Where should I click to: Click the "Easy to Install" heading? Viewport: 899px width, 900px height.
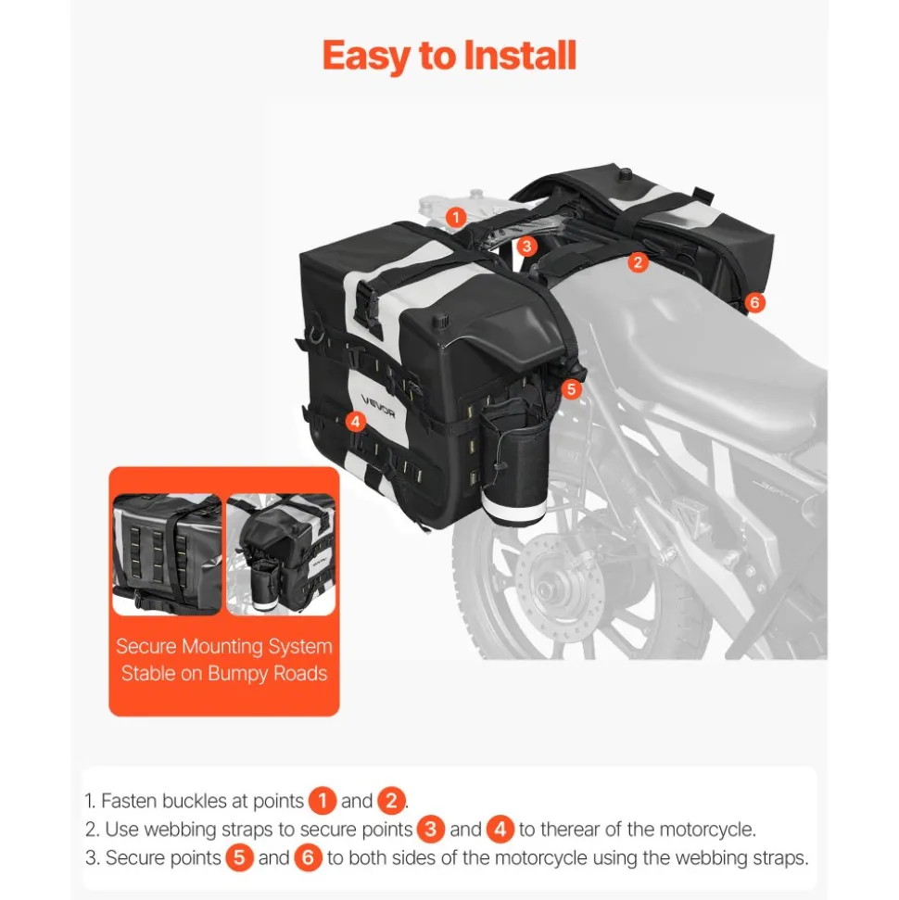point(449,56)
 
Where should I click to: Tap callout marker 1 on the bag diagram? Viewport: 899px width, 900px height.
point(456,218)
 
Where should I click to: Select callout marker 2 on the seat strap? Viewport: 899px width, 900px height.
point(638,262)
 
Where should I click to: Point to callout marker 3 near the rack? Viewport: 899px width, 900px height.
point(527,247)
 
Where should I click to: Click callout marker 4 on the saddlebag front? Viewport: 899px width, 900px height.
point(355,422)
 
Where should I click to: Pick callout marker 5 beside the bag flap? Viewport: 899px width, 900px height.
point(571,389)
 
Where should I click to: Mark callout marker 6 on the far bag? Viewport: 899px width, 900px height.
point(755,302)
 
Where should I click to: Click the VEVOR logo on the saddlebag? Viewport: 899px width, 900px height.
point(378,406)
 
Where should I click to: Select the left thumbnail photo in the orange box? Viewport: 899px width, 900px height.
point(167,554)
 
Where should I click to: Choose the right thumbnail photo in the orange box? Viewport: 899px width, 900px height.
point(281,554)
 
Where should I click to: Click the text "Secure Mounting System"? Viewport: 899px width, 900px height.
point(224,646)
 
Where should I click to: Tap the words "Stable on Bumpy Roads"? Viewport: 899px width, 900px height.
point(224,673)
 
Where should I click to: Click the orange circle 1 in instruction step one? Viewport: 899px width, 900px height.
point(322,801)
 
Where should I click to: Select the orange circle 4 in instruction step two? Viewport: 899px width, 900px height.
point(500,830)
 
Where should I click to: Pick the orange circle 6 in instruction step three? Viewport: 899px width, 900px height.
point(309,857)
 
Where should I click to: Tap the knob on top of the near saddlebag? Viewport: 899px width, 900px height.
point(441,319)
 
